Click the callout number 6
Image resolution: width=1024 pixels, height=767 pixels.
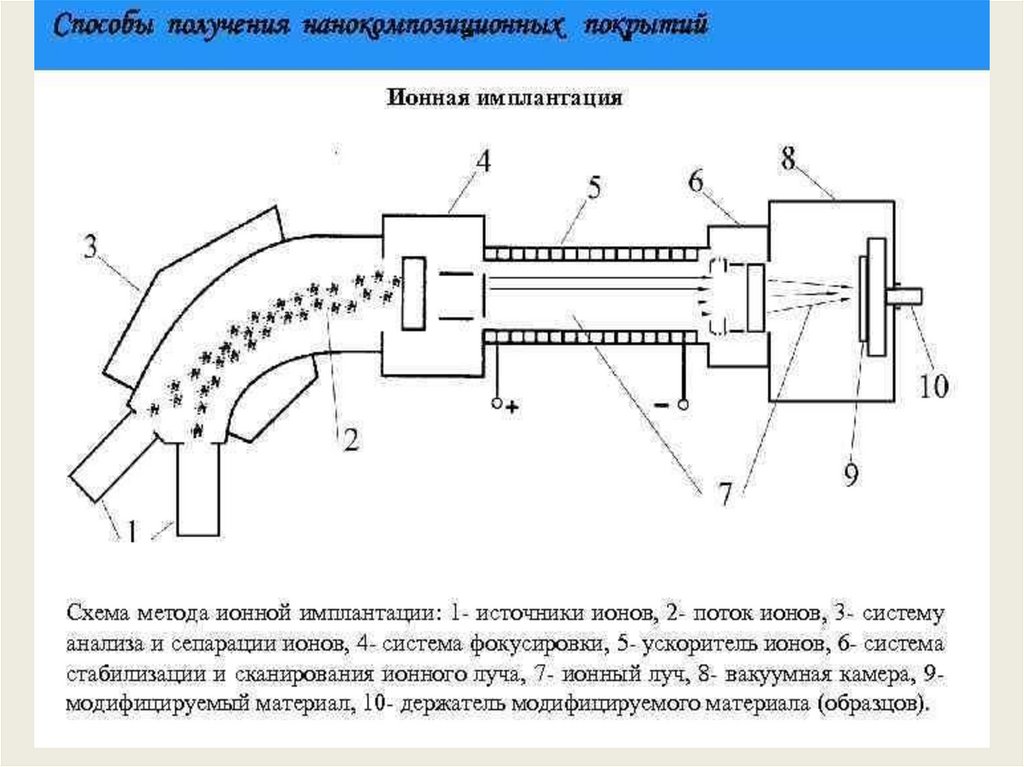(696, 181)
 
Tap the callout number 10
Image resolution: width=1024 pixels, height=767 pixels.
(934, 386)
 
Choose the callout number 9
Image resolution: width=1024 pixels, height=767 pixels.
(850, 473)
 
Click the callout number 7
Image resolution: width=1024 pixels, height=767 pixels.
(723, 491)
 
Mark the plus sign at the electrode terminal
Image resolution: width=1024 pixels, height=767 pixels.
(514, 407)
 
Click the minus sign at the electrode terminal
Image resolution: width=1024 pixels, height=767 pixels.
(663, 405)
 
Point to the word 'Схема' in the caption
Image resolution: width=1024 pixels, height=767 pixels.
(96, 610)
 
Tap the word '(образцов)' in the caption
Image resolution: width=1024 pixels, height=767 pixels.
(873, 703)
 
